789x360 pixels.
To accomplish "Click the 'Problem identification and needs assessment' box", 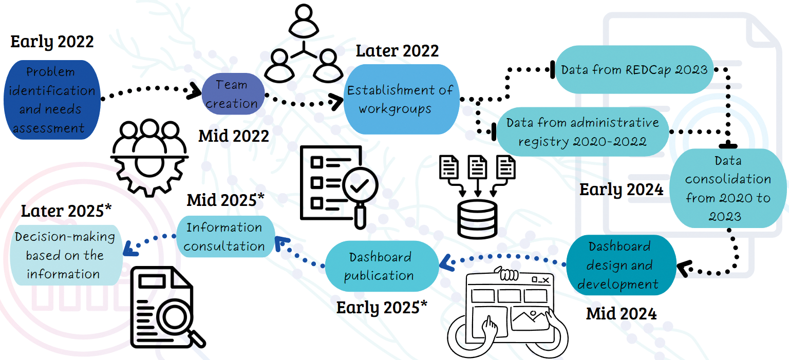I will coord(51,100).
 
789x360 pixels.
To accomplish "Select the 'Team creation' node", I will coord(233,94).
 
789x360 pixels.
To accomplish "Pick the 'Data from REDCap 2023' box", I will coord(634,69).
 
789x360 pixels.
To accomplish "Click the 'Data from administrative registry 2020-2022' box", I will coord(583,131).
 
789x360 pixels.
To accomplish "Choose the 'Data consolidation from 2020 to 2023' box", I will coord(728,188).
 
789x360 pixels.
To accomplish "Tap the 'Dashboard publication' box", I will coord(380,266).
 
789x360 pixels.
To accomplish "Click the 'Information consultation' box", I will coord(224,237).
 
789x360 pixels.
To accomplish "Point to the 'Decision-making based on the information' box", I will coord(64,255).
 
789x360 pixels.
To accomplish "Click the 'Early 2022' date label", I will coord(52,42).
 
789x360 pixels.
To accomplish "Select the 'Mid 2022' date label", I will coord(234,136).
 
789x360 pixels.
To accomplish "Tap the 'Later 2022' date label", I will coord(397,51).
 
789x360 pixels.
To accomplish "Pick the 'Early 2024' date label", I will coord(622,190).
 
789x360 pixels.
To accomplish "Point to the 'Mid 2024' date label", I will coord(621,313).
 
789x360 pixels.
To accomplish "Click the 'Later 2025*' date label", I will coord(66,211).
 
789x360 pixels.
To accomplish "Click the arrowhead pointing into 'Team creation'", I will coord(196,91).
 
